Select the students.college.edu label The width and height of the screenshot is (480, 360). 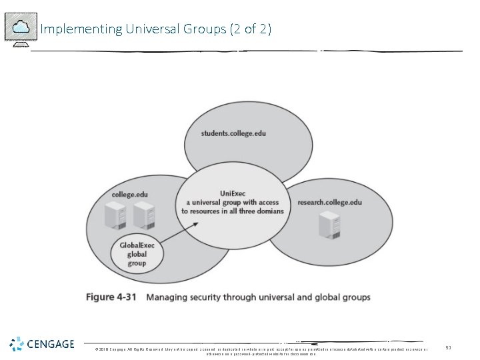233,133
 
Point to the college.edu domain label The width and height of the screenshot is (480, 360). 130,194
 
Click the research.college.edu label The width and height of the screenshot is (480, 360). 329,202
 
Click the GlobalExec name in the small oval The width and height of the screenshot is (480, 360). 137,246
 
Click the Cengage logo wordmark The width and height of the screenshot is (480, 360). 51,345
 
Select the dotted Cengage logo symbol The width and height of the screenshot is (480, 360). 17,345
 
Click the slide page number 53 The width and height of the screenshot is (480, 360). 448,347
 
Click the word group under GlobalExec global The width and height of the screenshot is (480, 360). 137,263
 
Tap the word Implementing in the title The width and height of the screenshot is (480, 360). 71,29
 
